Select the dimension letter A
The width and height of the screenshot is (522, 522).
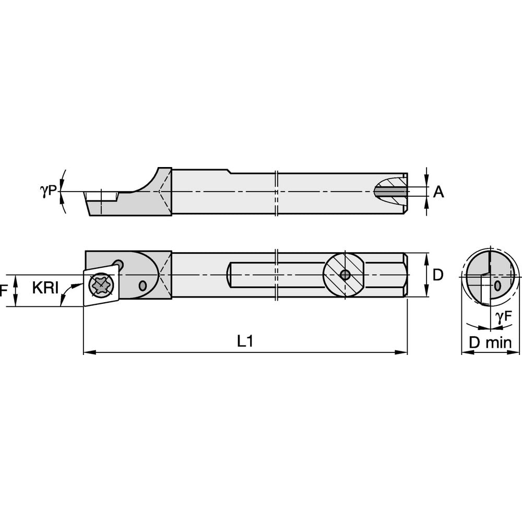click(438, 192)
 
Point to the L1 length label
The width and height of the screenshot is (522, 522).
click(245, 341)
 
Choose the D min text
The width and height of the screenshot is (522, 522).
click(490, 342)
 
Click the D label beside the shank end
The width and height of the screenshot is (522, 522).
click(438, 275)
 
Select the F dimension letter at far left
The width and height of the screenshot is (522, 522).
click(3, 291)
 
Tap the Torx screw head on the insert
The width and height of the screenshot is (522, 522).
click(99, 285)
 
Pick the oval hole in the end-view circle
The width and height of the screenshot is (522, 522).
click(497, 286)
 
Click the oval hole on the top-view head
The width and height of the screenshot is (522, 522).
click(143, 286)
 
